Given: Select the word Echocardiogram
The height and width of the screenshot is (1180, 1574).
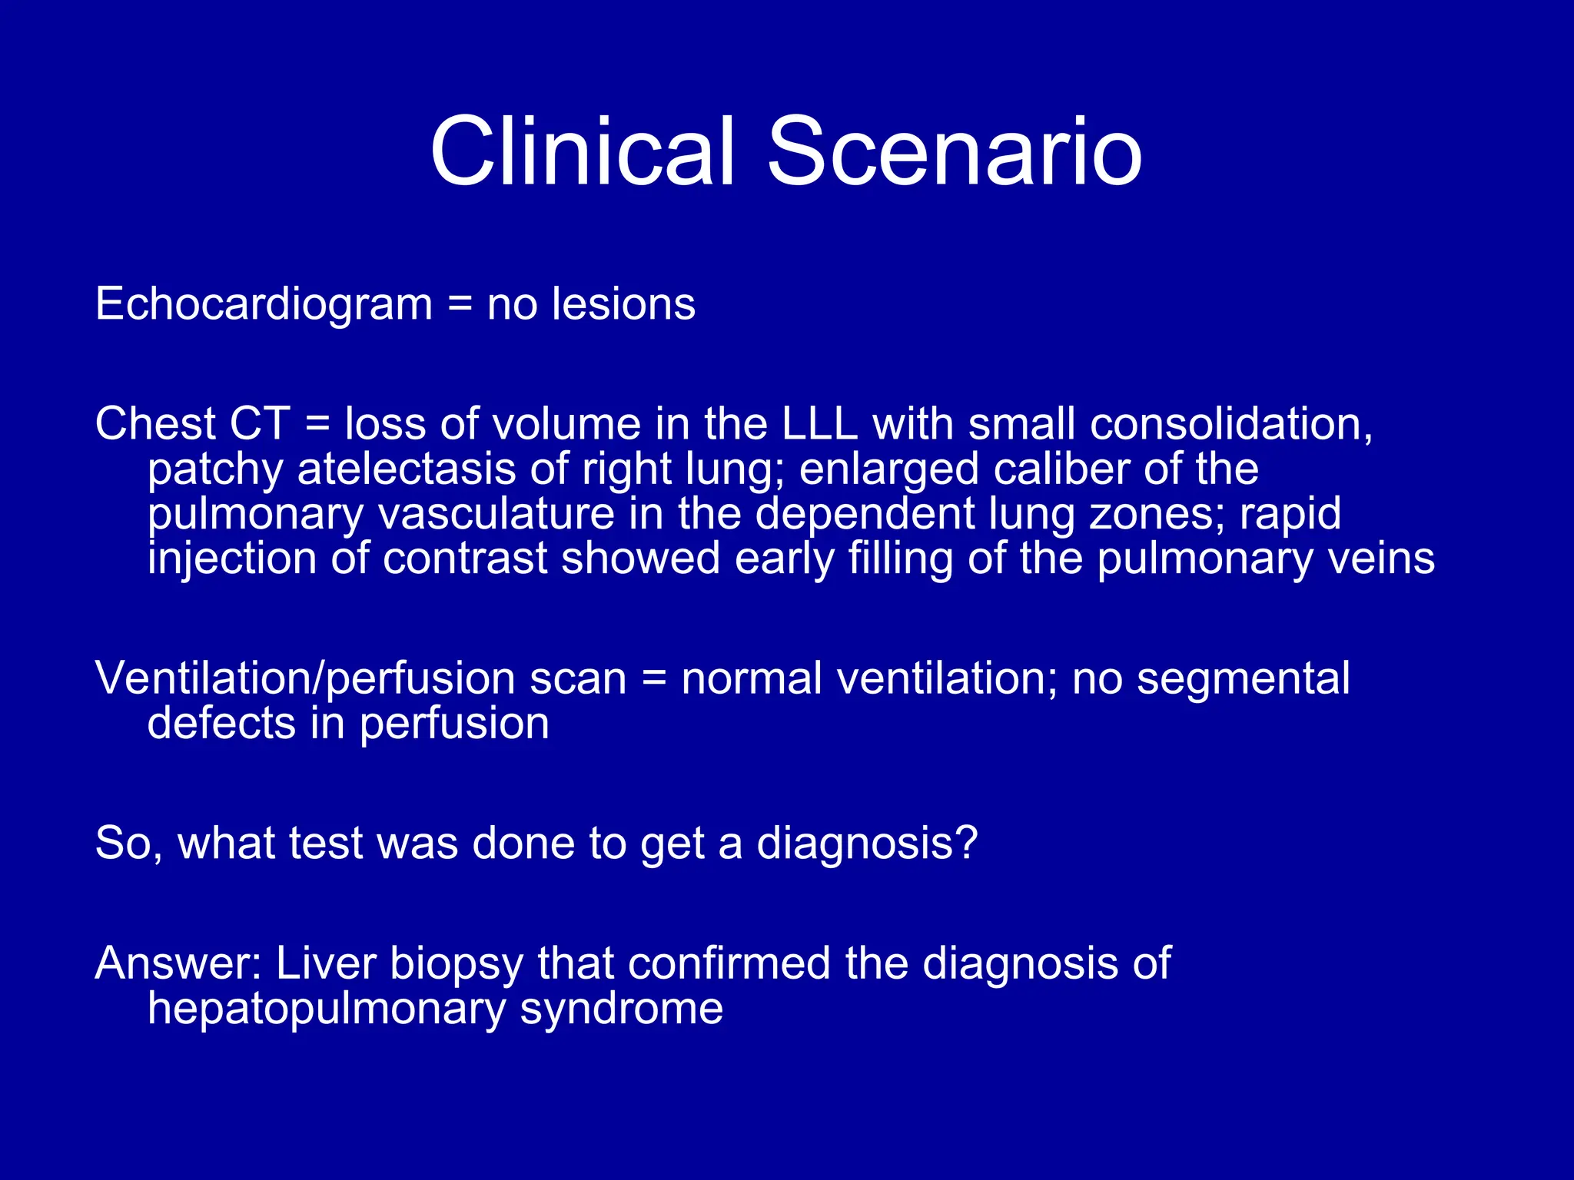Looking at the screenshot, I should tap(264, 304).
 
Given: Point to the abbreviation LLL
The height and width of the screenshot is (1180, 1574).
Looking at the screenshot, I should tap(819, 424).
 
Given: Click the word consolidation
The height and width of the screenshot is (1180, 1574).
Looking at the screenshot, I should tap(1230, 424).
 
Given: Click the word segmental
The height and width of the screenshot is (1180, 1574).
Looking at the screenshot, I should tap(1243, 679).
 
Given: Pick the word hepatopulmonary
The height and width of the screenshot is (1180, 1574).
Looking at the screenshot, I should tap(326, 1009).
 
